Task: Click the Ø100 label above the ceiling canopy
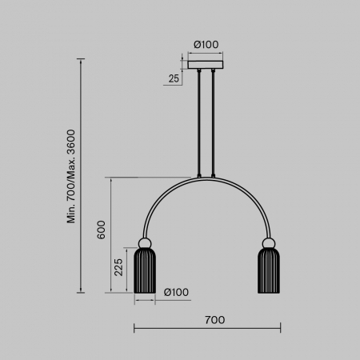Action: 206,46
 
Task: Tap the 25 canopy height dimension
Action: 174,78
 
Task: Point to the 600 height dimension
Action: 101,229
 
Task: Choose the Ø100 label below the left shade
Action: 176,292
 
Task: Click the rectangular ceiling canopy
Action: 206,66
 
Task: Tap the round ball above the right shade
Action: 267,243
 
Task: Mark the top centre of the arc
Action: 206,178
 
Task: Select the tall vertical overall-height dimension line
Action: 81,176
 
